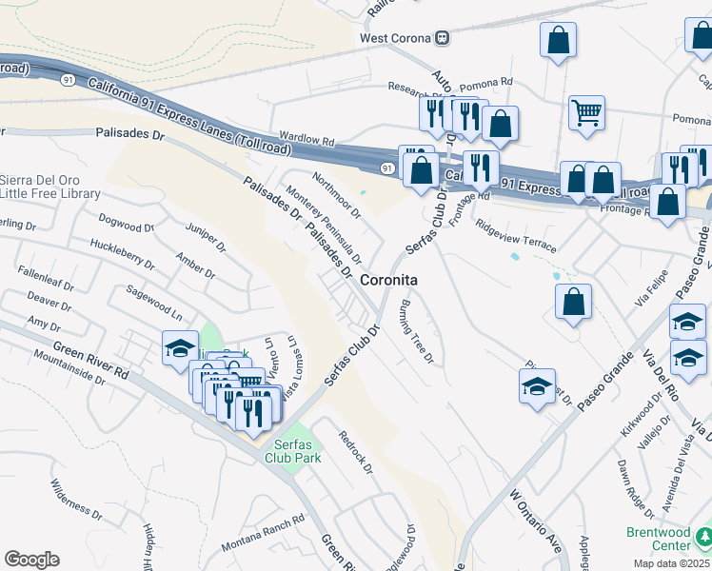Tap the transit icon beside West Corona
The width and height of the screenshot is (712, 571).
[x=443, y=38]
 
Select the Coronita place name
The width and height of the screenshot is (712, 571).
[x=390, y=281]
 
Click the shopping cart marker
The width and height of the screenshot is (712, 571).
[x=586, y=113]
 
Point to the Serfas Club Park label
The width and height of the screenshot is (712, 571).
[x=296, y=450]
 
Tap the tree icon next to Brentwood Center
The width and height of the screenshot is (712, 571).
[x=703, y=540]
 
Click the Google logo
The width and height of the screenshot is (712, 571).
[x=31, y=560]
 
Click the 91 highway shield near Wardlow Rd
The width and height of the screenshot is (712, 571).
[x=386, y=168]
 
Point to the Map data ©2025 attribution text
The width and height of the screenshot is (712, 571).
[x=671, y=563]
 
